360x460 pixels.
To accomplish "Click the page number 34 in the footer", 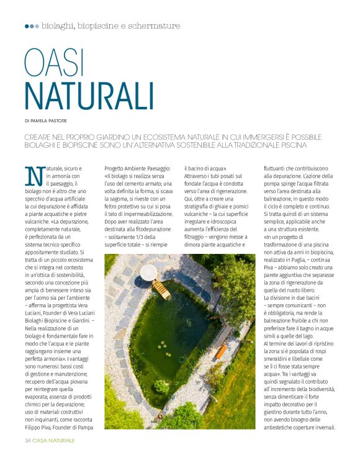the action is coord(27,440).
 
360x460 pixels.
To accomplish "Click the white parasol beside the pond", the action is coord(149,272).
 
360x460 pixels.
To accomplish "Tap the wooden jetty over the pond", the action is coord(161,288).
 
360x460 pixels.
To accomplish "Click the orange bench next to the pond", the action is coord(220,351).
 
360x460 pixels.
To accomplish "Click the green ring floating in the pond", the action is coord(181,359).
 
